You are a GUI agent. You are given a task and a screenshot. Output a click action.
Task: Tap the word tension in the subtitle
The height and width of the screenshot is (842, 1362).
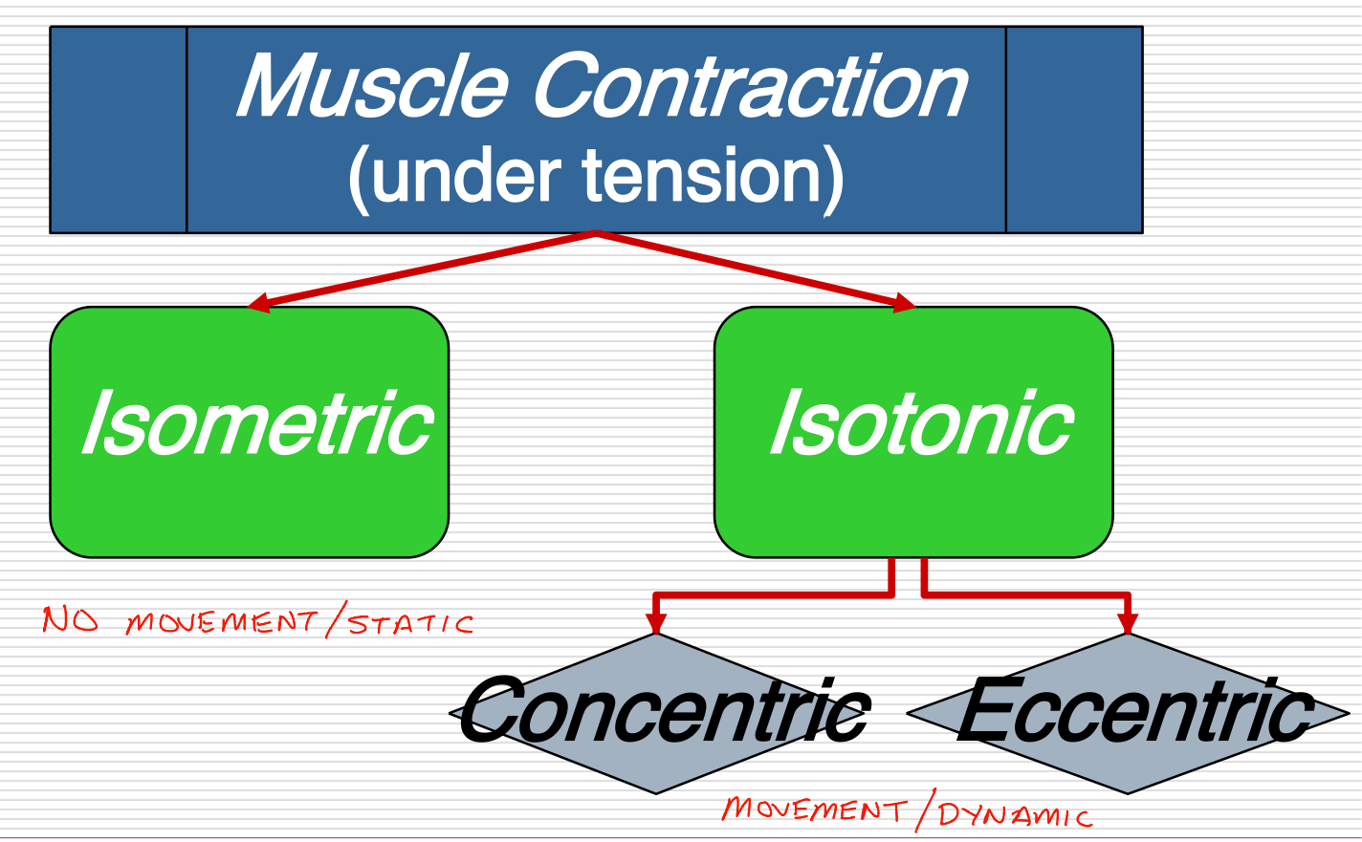point(697,177)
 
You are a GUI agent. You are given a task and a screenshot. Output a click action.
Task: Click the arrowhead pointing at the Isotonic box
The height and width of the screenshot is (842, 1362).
point(903,304)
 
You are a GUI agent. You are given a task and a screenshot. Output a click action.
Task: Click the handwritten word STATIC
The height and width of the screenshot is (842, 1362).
point(410,624)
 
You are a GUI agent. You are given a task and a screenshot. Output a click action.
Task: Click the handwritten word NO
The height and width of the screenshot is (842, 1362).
point(70,621)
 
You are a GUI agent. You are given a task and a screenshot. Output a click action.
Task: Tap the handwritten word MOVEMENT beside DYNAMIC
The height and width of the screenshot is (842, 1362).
point(813,810)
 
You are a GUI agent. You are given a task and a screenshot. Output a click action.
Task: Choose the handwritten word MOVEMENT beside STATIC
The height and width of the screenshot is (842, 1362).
point(221,622)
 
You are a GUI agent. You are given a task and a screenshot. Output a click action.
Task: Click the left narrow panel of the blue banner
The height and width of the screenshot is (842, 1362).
point(119,130)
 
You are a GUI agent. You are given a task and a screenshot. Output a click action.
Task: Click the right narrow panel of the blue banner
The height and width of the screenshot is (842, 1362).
point(1073,130)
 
